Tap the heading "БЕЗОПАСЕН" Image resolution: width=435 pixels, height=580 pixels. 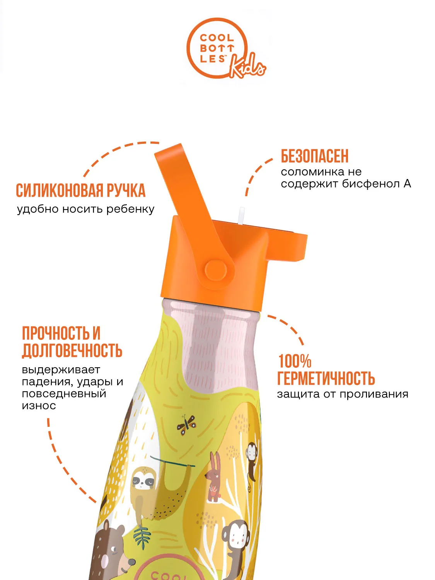[x=315, y=156]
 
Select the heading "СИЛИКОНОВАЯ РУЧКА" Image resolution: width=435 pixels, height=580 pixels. [x=80, y=190]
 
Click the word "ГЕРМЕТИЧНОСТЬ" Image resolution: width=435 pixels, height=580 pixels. [x=326, y=378]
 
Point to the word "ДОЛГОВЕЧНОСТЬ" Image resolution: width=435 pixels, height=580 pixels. [x=72, y=351]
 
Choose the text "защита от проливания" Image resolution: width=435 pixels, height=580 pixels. [x=343, y=394]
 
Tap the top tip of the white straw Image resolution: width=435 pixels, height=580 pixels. [x=241, y=208]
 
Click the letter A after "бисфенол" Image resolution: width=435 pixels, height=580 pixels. [x=407, y=184]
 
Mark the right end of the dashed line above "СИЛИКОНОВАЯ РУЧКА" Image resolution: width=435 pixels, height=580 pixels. [x=159, y=143]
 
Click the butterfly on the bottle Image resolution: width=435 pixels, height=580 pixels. [x=186, y=425]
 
